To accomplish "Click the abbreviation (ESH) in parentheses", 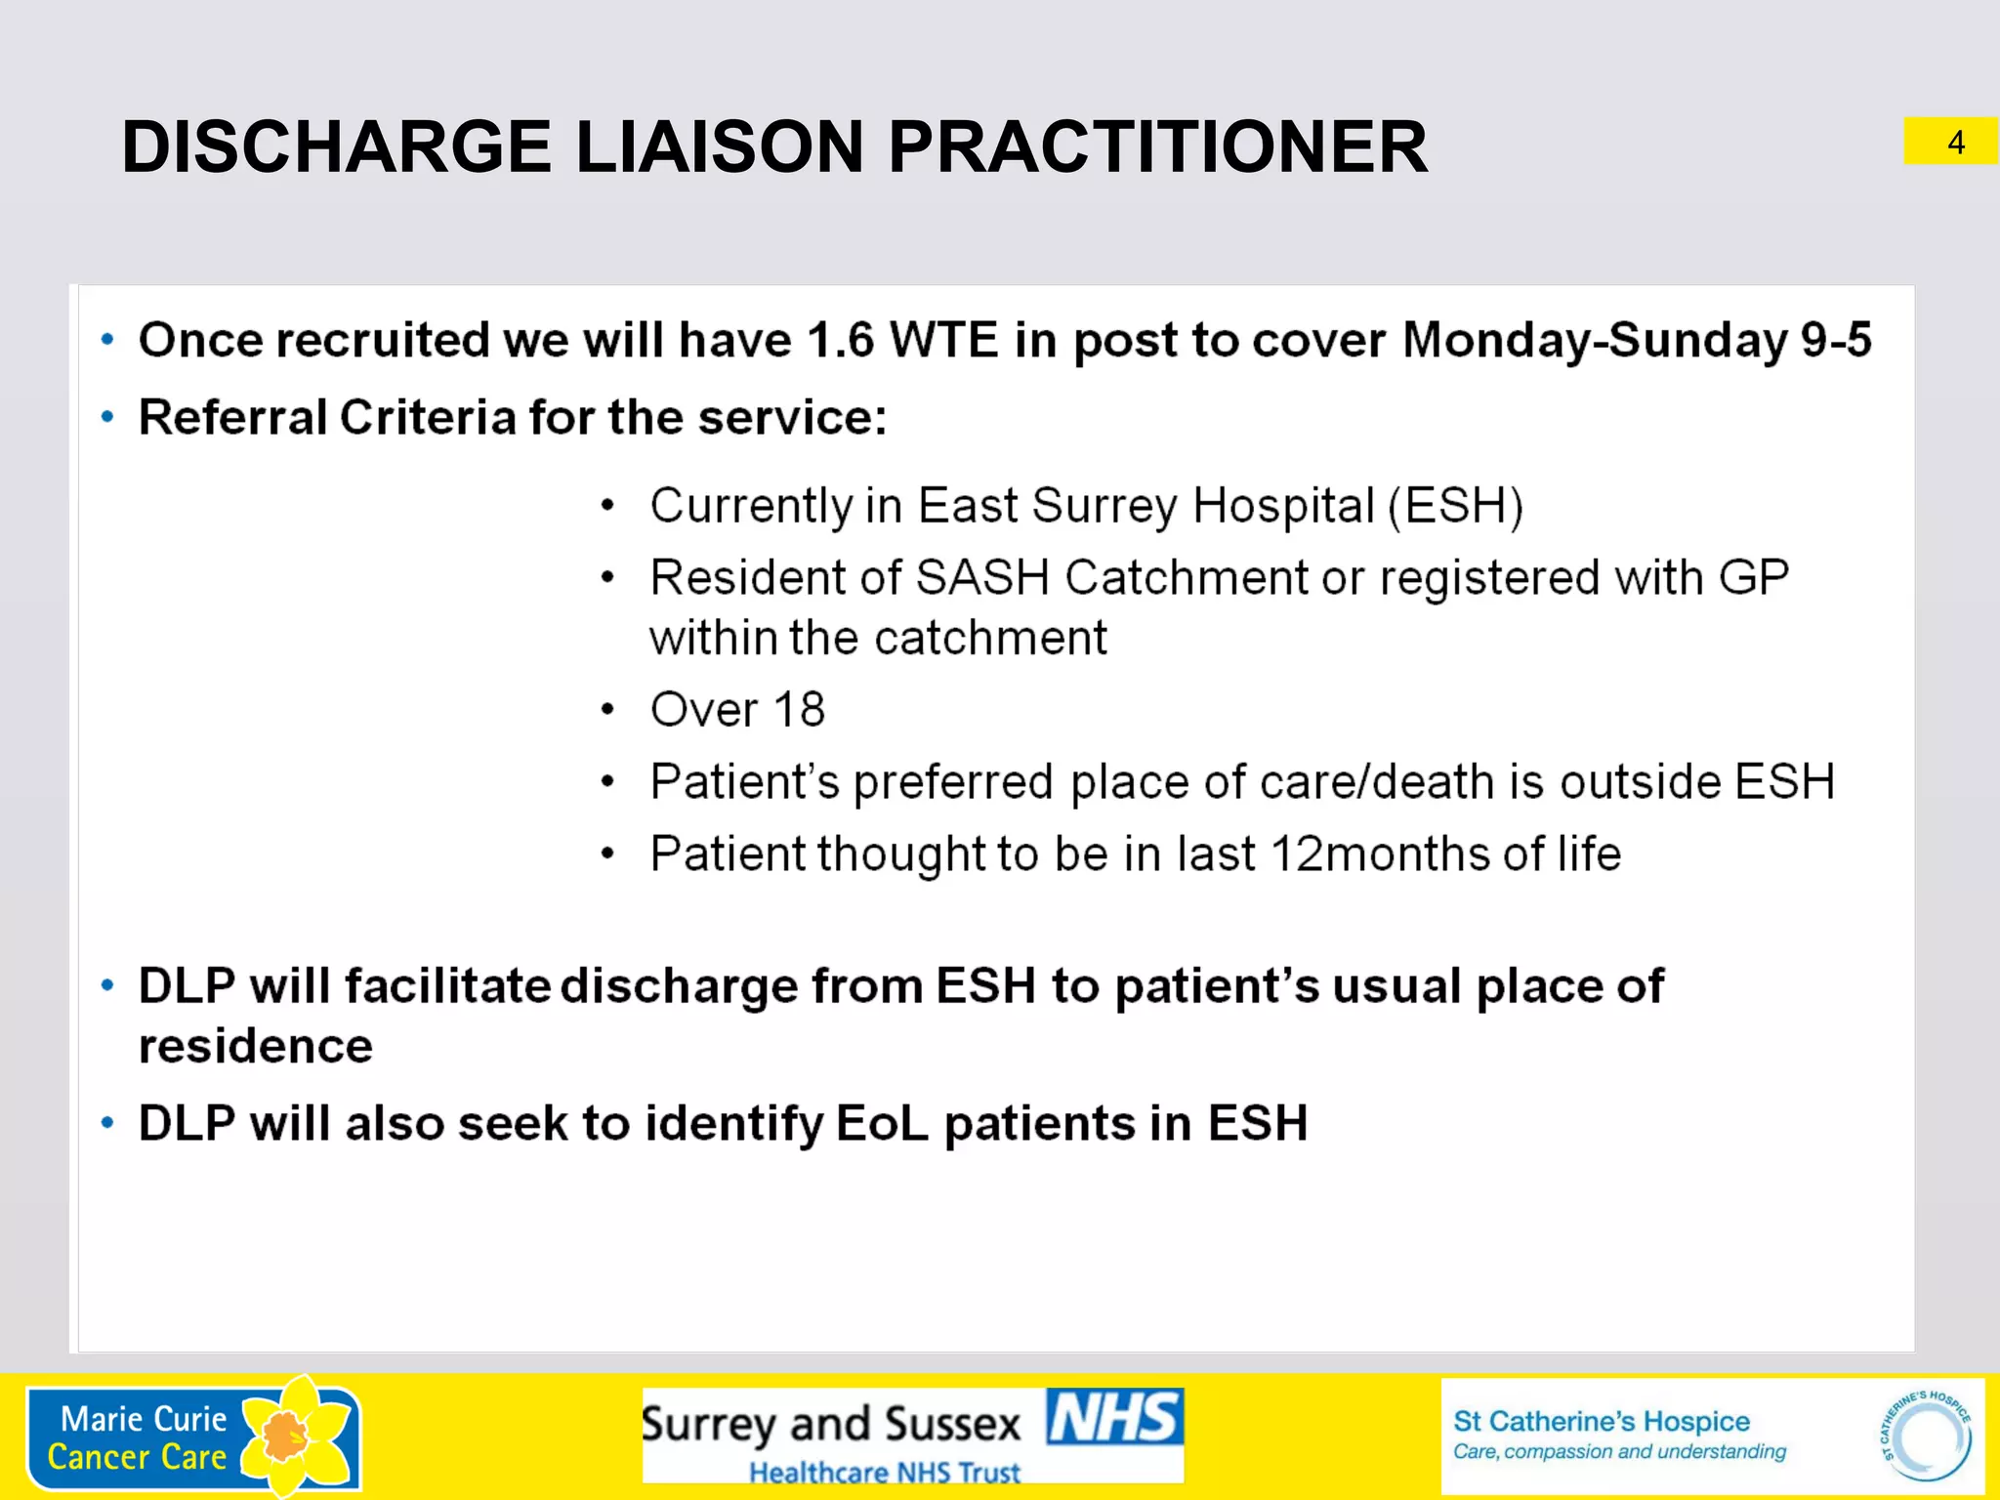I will (x=1455, y=507).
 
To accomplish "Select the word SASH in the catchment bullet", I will (x=982, y=578).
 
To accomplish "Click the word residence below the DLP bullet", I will (x=256, y=1047).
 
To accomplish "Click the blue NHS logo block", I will (x=1114, y=1417).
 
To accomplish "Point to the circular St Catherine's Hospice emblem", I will (x=1925, y=1437).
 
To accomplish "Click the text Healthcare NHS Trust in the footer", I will (x=884, y=1472).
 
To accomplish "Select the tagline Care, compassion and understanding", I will (x=1618, y=1452).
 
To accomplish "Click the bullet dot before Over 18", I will (x=607, y=710).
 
